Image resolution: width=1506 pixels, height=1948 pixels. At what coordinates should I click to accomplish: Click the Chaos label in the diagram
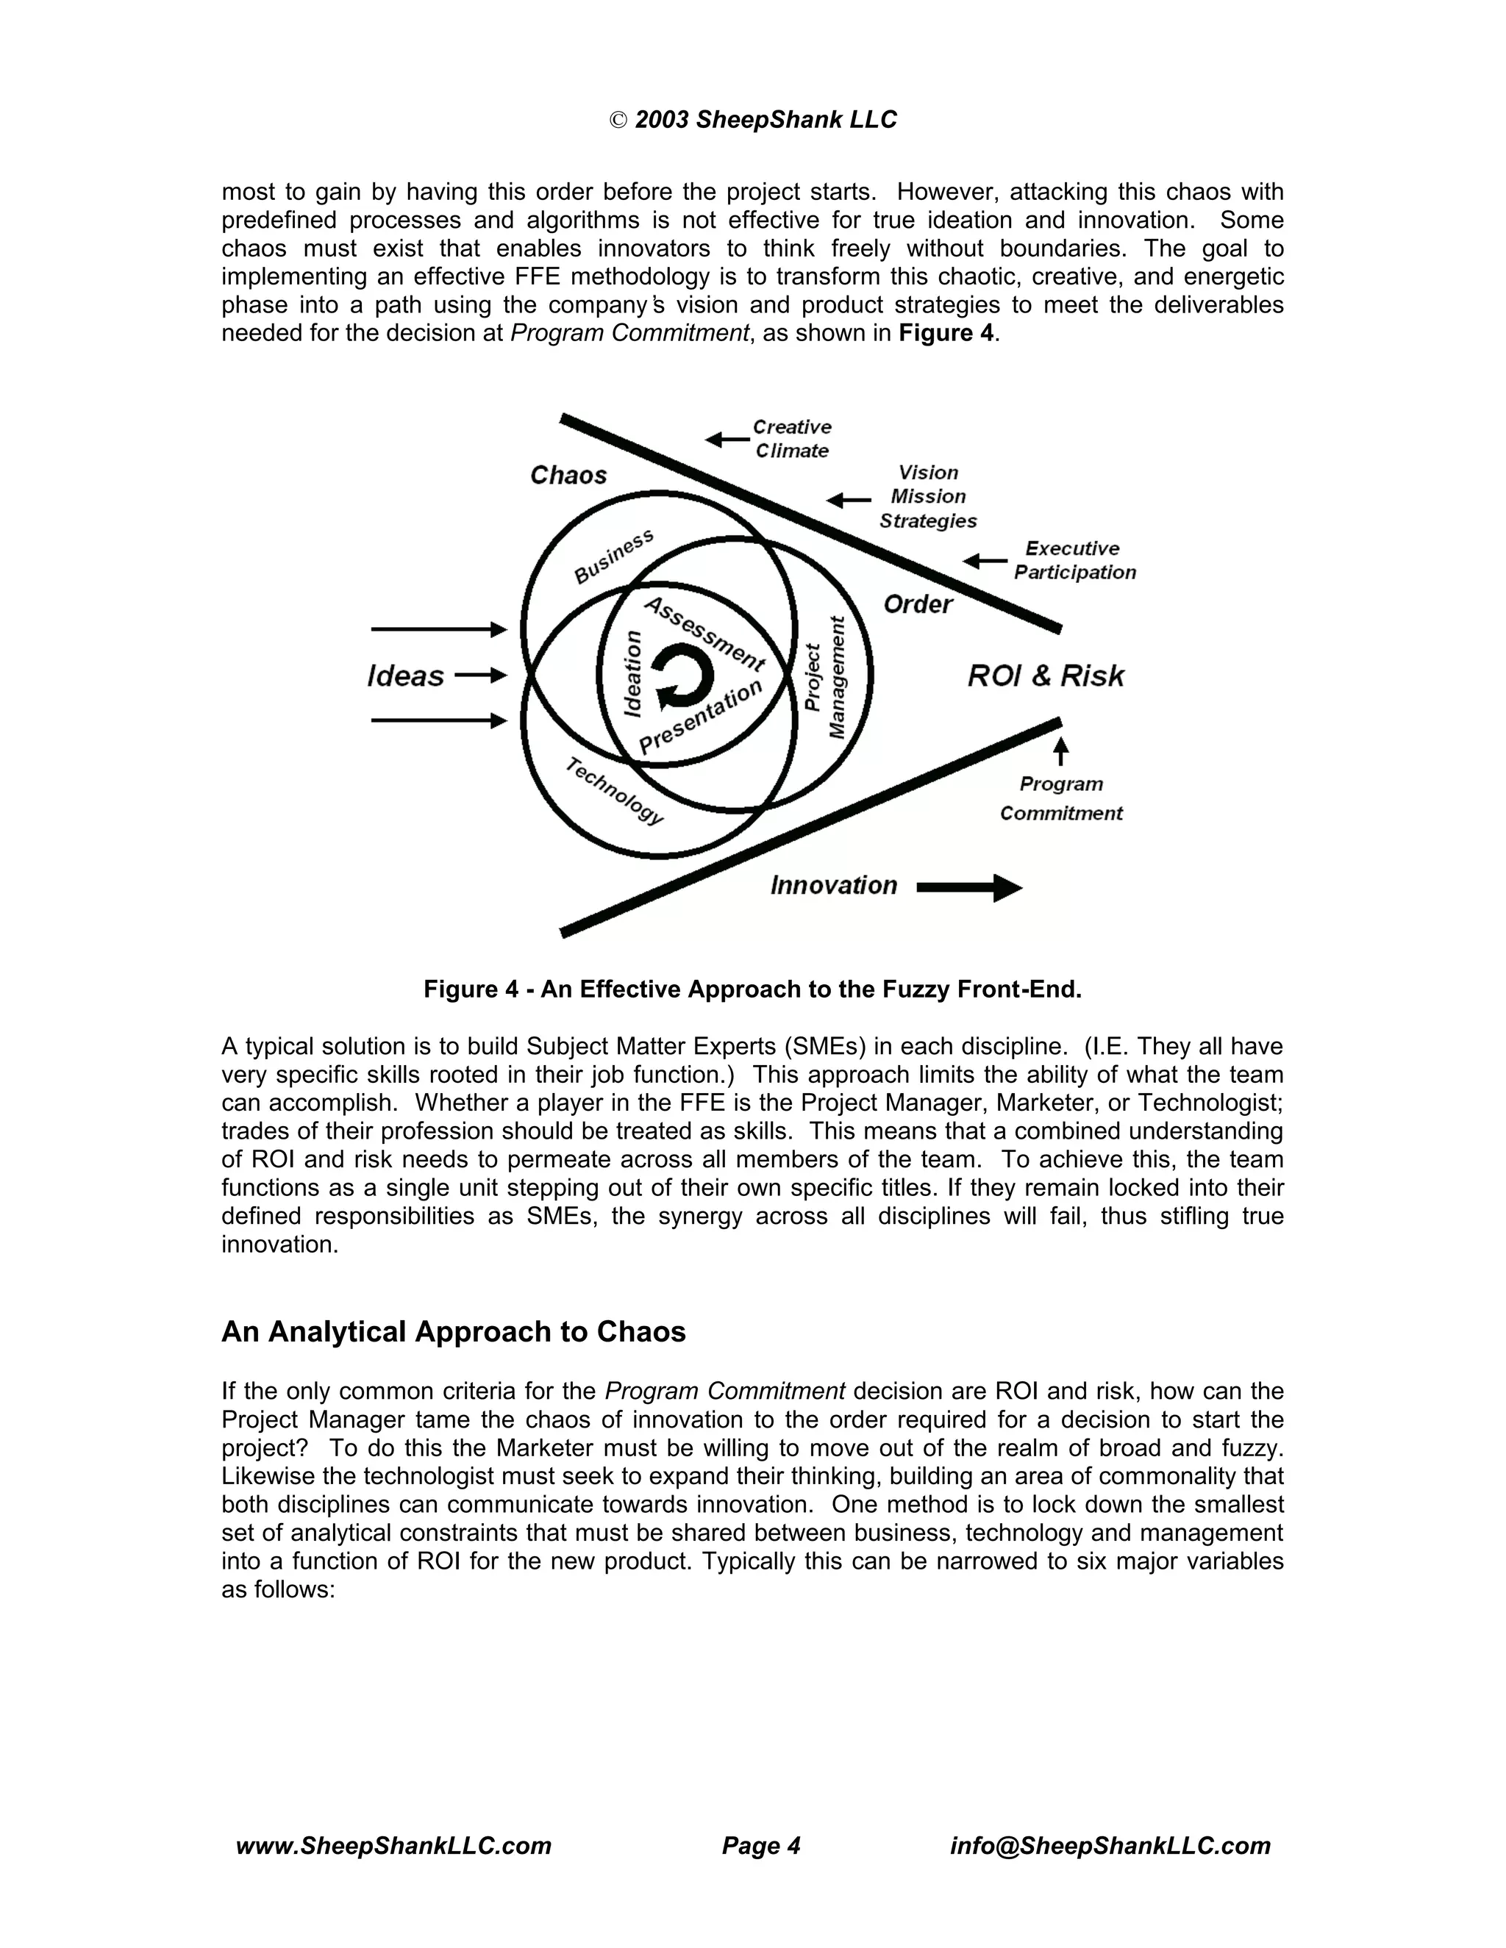[x=568, y=476]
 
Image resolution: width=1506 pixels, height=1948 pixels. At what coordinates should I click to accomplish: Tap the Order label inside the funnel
[x=917, y=605]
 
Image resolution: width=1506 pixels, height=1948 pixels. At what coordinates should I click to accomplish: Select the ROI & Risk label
[x=1046, y=676]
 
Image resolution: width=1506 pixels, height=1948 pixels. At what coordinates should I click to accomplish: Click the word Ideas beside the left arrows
[x=405, y=676]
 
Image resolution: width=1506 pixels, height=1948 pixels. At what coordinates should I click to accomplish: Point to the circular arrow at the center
[x=682, y=678]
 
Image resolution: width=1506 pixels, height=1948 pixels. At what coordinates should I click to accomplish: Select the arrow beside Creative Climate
[x=727, y=439]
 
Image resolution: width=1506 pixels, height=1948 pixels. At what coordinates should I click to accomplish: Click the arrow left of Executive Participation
[x=985, y=561]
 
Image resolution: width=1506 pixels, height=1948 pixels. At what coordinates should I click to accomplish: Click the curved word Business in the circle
[x=613, y=556]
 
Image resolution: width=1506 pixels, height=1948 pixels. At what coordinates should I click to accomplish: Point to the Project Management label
[x=824, y=678]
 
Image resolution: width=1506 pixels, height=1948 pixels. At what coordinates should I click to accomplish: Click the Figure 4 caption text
[x=752, y=989]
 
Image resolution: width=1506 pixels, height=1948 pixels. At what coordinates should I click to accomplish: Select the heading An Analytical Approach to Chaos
[x=453, y=1332]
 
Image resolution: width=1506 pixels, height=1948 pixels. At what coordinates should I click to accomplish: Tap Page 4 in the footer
[x=761, y=1845]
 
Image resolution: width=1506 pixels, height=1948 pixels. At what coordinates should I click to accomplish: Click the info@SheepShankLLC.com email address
[x=1110, y=1845]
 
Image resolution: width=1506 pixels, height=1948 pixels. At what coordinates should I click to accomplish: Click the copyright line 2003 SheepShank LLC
[x=753, y=120]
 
